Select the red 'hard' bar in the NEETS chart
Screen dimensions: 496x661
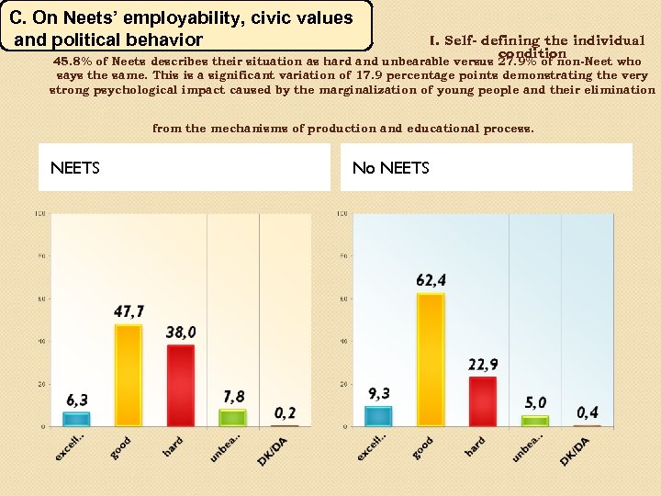(x=181, y=385)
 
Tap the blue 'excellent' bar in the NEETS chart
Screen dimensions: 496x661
(x=76, y=419)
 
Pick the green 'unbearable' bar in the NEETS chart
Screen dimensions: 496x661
(x=233, y=417)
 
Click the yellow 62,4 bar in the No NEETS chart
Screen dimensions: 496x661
(x=430, y=359)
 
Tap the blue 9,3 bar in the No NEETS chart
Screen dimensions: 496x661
(x=377, y=415)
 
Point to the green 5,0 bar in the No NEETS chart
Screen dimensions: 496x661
(x=534, y=421)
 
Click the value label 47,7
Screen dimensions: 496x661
(x=129, y=312)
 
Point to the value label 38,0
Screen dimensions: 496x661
(x=181, y=332)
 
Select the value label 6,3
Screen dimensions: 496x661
(x=77, y=400)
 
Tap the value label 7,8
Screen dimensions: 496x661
(x=234, y=396)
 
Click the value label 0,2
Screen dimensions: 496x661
(x=286, y=413)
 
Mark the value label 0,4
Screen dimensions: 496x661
(x=588, y=412)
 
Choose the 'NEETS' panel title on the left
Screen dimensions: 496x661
(x=75, y=167)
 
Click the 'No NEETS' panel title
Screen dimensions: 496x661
(x=391, y=167)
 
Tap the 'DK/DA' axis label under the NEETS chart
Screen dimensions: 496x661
(x=273, y=450)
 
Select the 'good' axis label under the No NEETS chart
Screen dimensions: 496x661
(x=423, y=447)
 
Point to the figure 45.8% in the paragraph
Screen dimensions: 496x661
(x=73, y=62)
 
